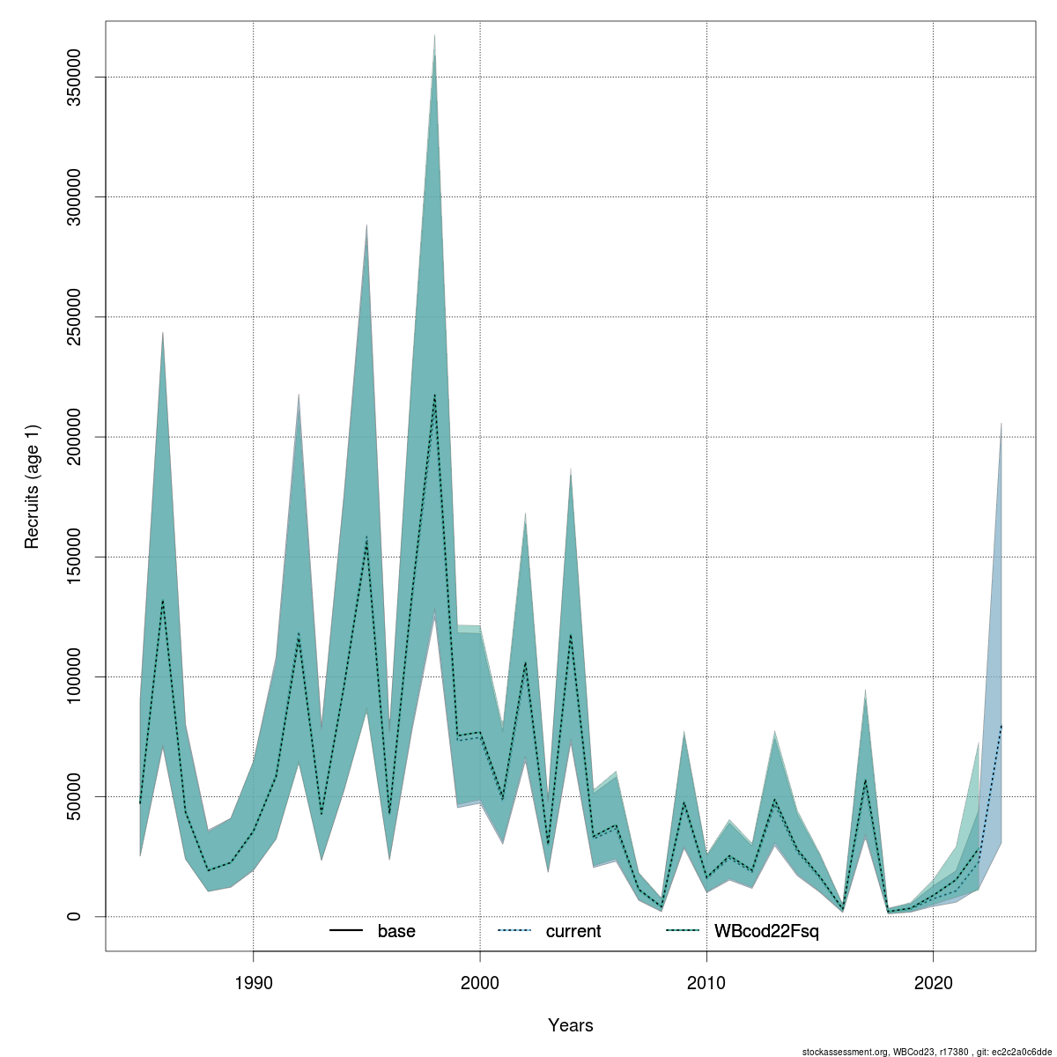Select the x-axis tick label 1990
[x=254, y=980]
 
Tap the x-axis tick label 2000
[x=480, y=980]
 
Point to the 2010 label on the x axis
[x=706, y=980]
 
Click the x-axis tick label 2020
[x=933, y=980]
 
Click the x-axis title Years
[x=571, y=1025]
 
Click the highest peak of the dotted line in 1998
[x=434, y=395]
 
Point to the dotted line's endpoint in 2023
[x=1002, y=725]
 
